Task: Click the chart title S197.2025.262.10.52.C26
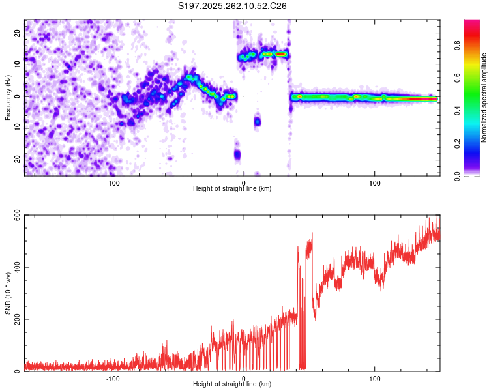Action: [x=233, y=6]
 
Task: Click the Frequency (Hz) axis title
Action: [x=8, y=96]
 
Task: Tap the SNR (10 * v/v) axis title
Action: [x=8, y=293]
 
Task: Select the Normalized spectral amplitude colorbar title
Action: [x=484, y=98]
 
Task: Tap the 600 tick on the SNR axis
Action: [x=16, y=215]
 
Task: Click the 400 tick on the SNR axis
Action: [x=16, y=267]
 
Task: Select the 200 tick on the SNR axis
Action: [x=16, y=319]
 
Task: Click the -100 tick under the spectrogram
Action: [x=113, y=183]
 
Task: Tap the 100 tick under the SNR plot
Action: [x=375, y=379]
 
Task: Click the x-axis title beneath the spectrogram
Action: [x=232, y=189]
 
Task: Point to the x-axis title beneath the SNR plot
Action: [x=232, y=384]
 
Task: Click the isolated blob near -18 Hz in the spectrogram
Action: [x=237, y=154]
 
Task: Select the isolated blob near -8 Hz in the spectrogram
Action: [x=258, y=121]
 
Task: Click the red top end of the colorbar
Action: [x=472, y=23]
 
